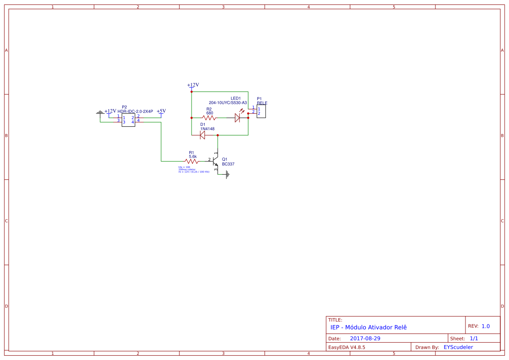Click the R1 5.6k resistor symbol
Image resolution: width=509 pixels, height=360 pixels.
pyautogui.click(x=192, y=161)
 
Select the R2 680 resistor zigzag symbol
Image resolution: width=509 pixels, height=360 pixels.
pyautogui.click(x=209, y=118)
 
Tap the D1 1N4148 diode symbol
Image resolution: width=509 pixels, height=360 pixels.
pyautogui.click(x=202, y=135)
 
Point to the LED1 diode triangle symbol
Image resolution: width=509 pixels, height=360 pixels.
pyautogui.click(x=237, y=118)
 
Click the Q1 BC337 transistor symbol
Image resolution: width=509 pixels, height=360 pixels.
pyautogui.click(x=215, y=161)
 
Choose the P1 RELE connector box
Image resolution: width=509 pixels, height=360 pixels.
pyautogui.click(x=261, y=111)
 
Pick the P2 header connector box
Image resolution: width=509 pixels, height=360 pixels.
pyautogui.click(x=128, y=120)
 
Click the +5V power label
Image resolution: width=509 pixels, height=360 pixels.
pyautogui.click(x=161, y=111)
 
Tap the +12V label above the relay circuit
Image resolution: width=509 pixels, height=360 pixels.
pyautogui.click(x=192, y=85)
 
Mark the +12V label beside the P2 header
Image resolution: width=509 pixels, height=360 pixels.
pyautogui.click(x=110, y=111)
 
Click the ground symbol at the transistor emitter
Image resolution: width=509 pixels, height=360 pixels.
pyautogui.click(x=227, y=175)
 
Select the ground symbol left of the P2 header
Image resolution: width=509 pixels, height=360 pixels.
pyautogui.click(x=100, y=113)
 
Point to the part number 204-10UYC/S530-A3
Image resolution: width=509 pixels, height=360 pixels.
pyautogui.click(x=228, y=103)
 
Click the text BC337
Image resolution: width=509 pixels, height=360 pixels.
pyautogui.click(x=228, y=164)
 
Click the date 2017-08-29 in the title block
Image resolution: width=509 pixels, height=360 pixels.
pyautogui.click(x=365, y=338)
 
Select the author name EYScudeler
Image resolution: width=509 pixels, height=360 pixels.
pyautogui.click(x=458, y=347)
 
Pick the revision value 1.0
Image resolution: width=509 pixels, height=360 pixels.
pyautogui.click(x=485, y=326)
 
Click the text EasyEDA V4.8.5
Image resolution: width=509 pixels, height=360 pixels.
pyautogui.click(x=347, y=347)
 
